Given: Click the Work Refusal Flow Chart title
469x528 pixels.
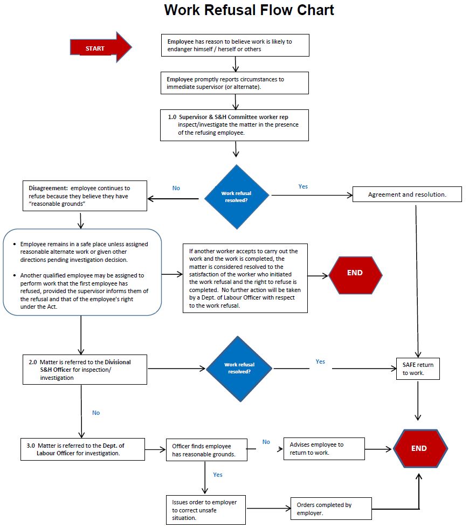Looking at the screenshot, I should [249, 10].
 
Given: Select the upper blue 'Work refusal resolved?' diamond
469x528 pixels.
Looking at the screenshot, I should [238, 197].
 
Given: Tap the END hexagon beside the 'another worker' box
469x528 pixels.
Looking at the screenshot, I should [355, 273].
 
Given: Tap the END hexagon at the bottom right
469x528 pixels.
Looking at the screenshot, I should [420, 448].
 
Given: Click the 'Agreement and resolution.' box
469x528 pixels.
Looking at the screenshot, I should [407, 194].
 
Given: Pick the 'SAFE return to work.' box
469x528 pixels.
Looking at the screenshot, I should [418, 369].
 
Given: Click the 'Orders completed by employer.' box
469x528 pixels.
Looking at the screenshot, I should [331, 509].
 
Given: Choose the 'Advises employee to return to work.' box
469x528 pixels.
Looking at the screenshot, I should [324, 449].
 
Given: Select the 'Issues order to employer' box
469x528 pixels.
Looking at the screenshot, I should [204, 510].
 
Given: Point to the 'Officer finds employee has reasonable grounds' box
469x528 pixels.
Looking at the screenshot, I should [205, 450].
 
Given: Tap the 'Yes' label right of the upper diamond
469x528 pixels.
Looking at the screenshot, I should [303, 186].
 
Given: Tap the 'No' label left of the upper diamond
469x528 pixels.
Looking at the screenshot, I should [176, 188].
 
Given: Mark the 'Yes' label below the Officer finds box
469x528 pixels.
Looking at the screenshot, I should [218, 475].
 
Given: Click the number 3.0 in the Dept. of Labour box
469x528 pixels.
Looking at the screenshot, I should [31, 446].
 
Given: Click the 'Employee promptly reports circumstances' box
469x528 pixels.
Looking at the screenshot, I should [234, 83].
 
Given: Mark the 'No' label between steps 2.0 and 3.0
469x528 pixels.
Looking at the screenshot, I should [96, 413].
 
